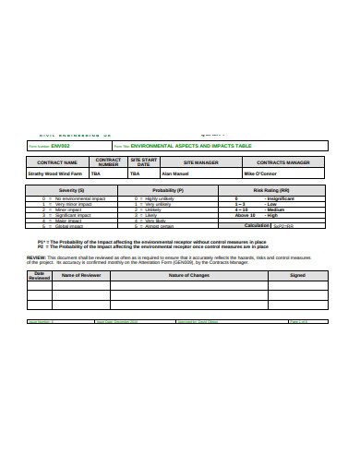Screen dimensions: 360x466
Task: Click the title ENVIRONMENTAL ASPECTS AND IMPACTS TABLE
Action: tap(192, 146)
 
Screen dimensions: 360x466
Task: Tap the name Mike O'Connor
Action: tap(262, 173)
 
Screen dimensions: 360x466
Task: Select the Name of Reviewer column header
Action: tap(80, 275)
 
